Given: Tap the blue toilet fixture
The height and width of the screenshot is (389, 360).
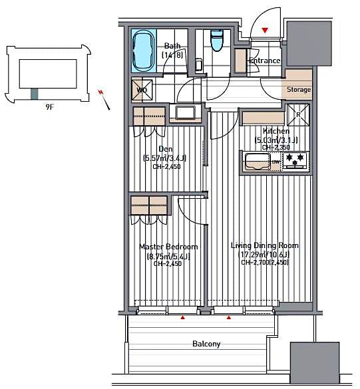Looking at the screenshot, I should [x=216, y=41].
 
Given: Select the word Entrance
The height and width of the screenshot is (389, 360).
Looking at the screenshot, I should [x=264, y=61].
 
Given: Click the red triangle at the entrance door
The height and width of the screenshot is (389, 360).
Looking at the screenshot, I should [x=266, y=31].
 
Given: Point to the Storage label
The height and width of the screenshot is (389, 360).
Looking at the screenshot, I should [x=299, y=90].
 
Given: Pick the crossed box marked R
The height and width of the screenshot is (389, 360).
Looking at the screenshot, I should [x=297, y=114].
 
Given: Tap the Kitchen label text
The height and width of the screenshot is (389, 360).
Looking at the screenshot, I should [x=275, y=131].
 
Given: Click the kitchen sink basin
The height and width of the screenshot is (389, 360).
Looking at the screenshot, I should [x=256, y=161].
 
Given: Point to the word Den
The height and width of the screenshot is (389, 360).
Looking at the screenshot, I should [x=166, y=149].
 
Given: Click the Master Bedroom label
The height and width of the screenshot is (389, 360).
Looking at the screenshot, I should [x=168, y=247].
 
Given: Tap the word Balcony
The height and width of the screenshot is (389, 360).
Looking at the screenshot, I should [x=206, y=344].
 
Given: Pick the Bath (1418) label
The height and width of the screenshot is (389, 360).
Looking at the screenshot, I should [x=172, y=51].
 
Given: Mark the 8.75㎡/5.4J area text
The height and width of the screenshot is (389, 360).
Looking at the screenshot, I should [x=168, y=255].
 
